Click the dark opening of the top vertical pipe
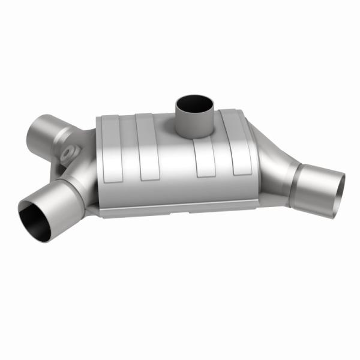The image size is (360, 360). [x=194, y=103]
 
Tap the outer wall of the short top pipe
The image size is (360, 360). [x=194, y=124]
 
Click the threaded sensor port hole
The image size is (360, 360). [x=71, y=152]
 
